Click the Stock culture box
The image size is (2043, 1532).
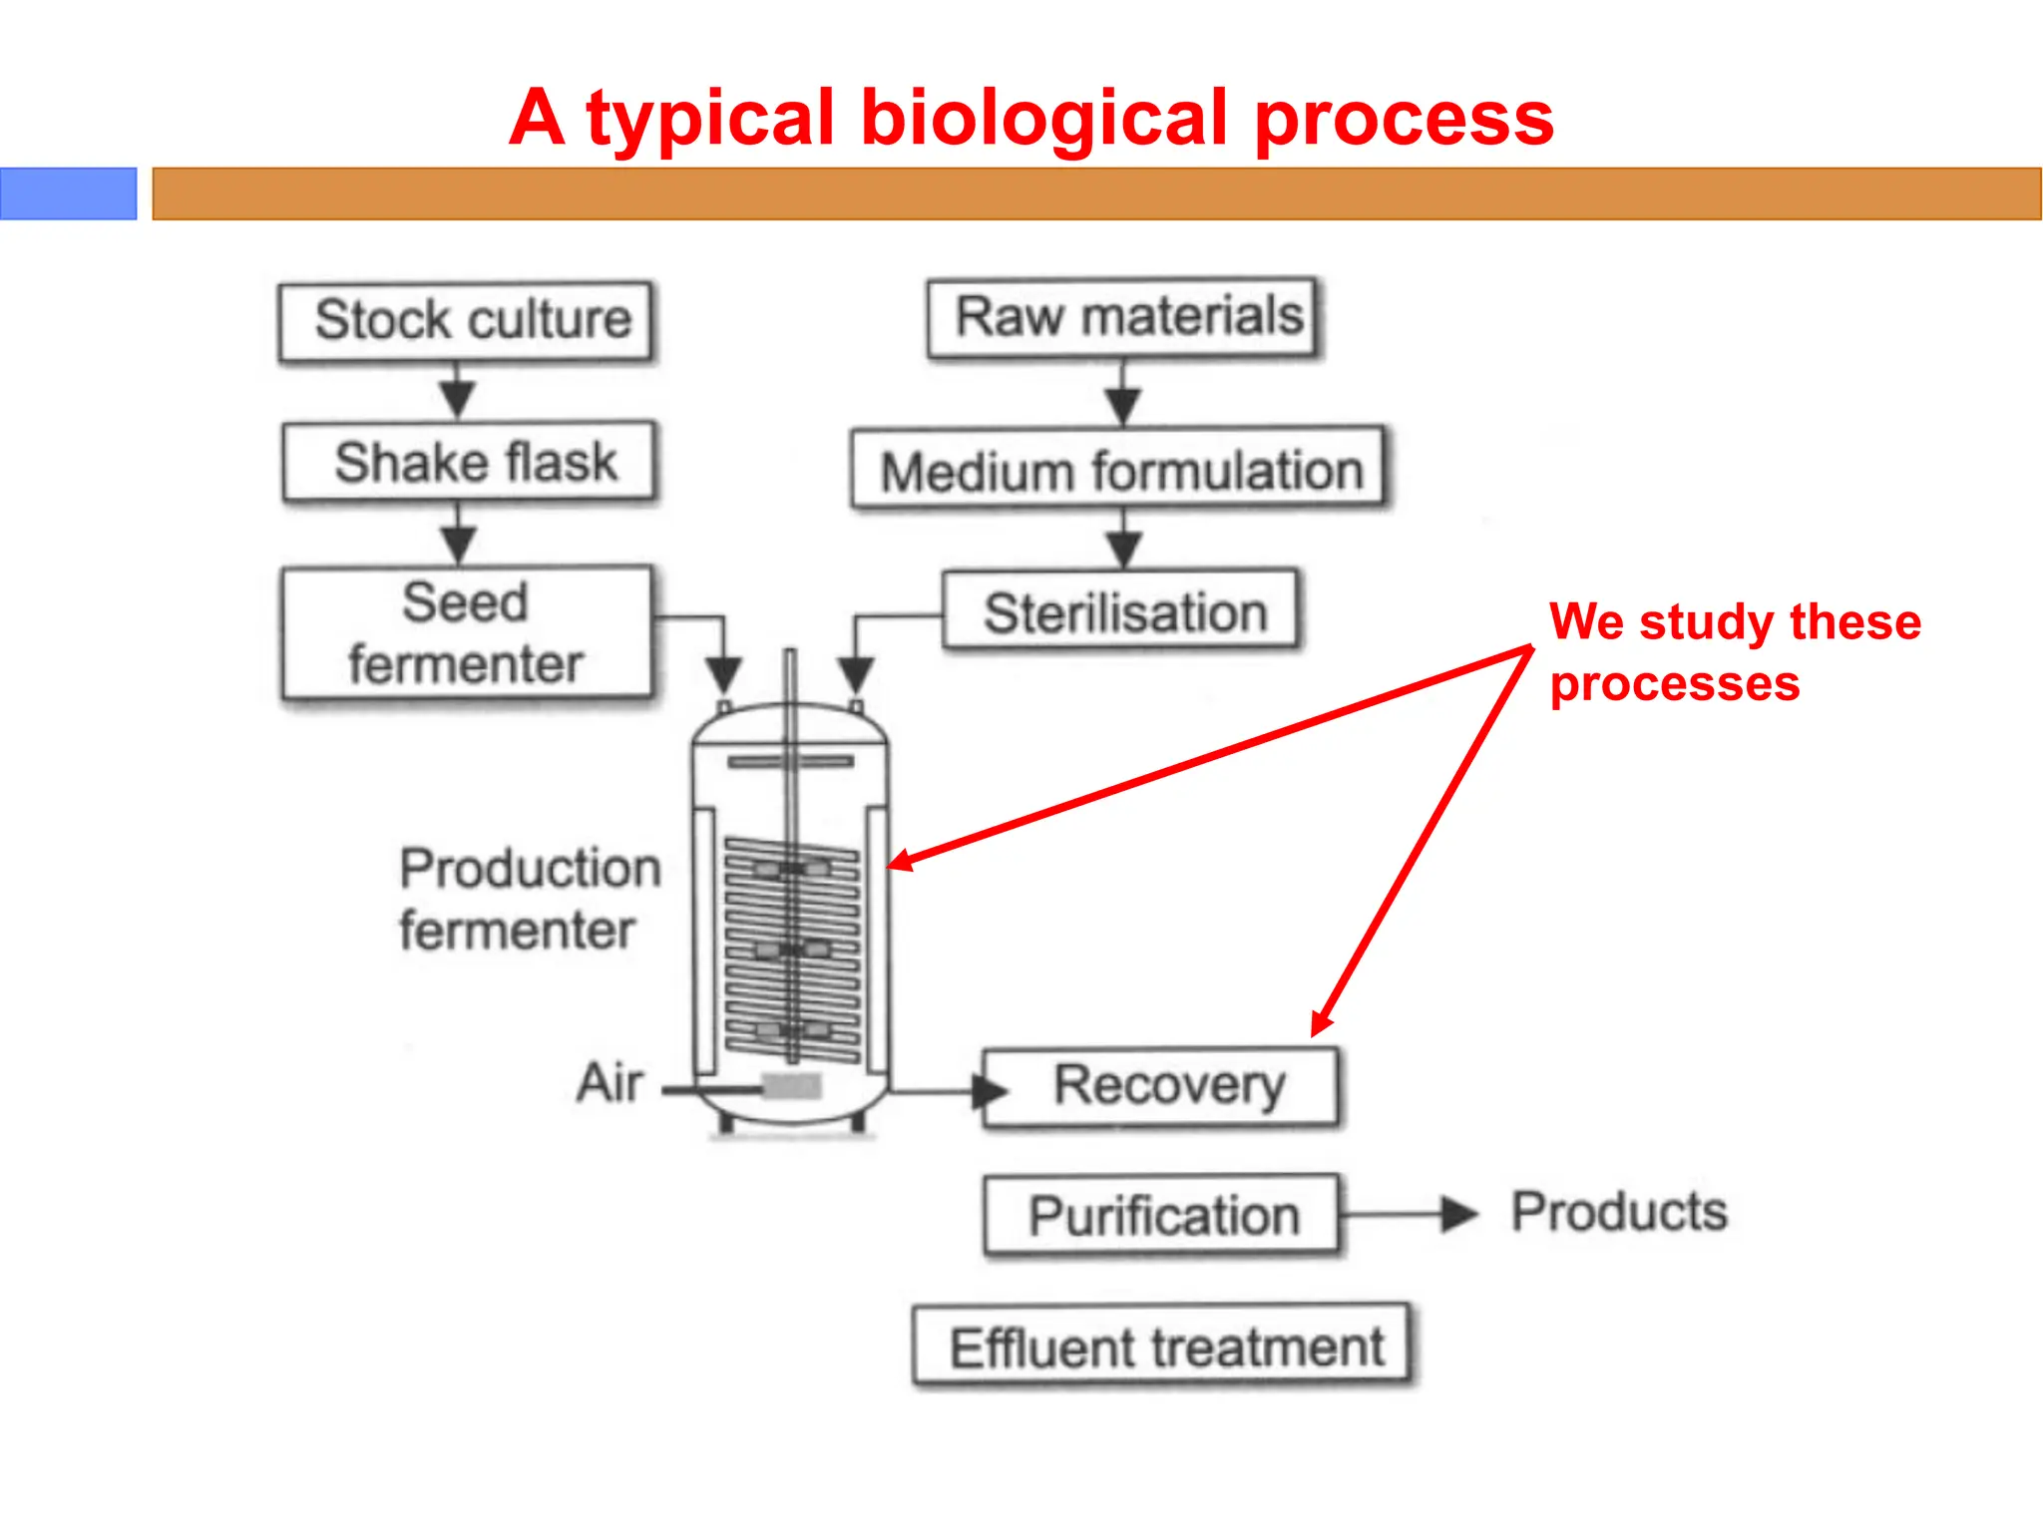pos(466,321)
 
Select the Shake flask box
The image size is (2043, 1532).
pos(469,462)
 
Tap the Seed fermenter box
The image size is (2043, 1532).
pos(467,633)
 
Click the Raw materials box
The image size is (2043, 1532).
pos(1122,317)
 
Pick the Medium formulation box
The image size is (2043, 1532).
pos(1118,470)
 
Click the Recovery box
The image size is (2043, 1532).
pos(1161,1087)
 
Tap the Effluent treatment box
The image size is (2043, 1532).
pos(1162,1346)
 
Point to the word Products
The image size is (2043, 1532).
pos(1618,1212)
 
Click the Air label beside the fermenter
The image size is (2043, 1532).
pos(610,1083)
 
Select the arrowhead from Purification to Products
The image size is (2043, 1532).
pos(1459,1214)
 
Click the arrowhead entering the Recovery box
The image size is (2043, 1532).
pos(990,1091)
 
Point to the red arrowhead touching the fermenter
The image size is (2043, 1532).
pos(901,861)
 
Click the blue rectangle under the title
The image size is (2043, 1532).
pos(68,193)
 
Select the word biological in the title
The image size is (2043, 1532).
pos(1043,118)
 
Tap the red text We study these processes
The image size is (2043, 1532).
pos(1733,652)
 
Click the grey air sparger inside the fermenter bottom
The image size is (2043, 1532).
pos(792,1086)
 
